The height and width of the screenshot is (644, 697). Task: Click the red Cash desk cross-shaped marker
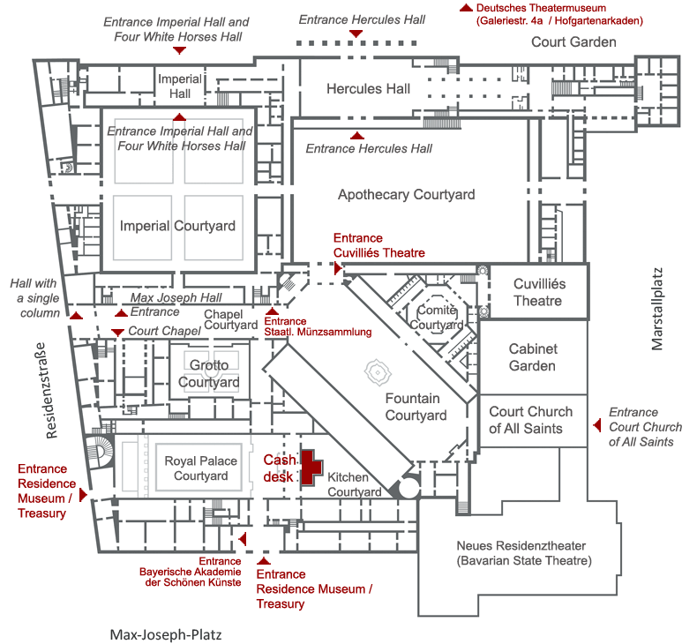click(310, 467)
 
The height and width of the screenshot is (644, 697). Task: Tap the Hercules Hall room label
click(368, 89)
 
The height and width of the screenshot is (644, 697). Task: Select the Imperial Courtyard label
click(178, 226)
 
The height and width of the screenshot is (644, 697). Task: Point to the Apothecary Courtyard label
click(407, 195)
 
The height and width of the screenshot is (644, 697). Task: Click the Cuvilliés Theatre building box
click(539, 293)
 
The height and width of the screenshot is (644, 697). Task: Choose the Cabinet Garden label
click(532, 357)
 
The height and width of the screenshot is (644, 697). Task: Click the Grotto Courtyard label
click(209, 374)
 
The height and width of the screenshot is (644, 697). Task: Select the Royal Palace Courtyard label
click(201, 468)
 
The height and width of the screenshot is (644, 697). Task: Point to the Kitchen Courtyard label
click(354, 484)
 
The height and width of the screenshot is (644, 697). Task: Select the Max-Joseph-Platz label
click(166, 634)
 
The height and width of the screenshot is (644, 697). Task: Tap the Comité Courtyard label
click(437, 318)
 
